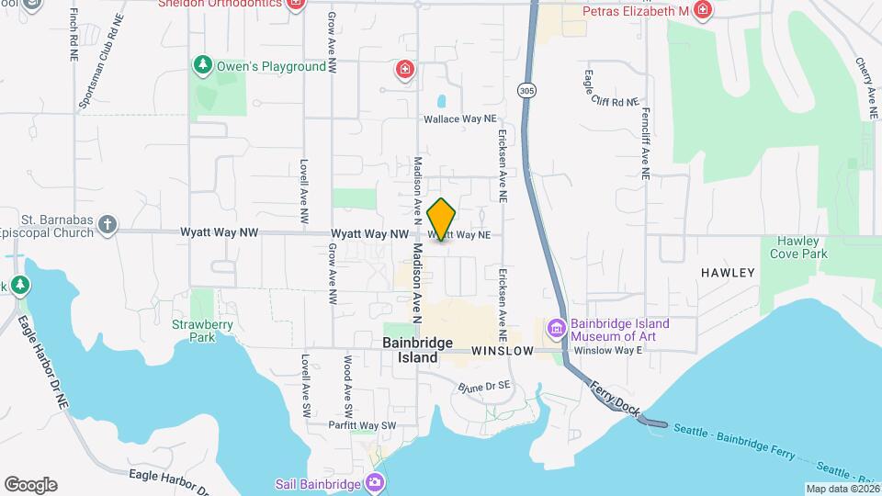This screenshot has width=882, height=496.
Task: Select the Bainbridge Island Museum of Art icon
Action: click(x=556, y=328)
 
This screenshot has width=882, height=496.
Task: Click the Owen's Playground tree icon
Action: click(x=203, y=65)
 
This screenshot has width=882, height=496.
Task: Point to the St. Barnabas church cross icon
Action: click(x=107, y=224)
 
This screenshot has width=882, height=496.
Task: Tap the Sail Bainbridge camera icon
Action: click(x=374, y=482)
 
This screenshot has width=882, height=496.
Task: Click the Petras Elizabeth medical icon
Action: click(x=703, y=10)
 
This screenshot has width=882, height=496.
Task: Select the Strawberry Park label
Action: click(x=193, y=331)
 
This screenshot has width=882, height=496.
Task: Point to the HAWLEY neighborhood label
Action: click(x=727, y=273)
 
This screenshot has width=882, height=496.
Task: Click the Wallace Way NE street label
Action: click(x=459, y=119)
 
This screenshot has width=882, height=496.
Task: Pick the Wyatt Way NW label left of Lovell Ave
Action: click(x=225, y=233)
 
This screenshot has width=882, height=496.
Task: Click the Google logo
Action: click(x=30, y=484)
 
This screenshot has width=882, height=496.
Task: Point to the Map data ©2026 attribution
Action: click(x=842, y=489)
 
